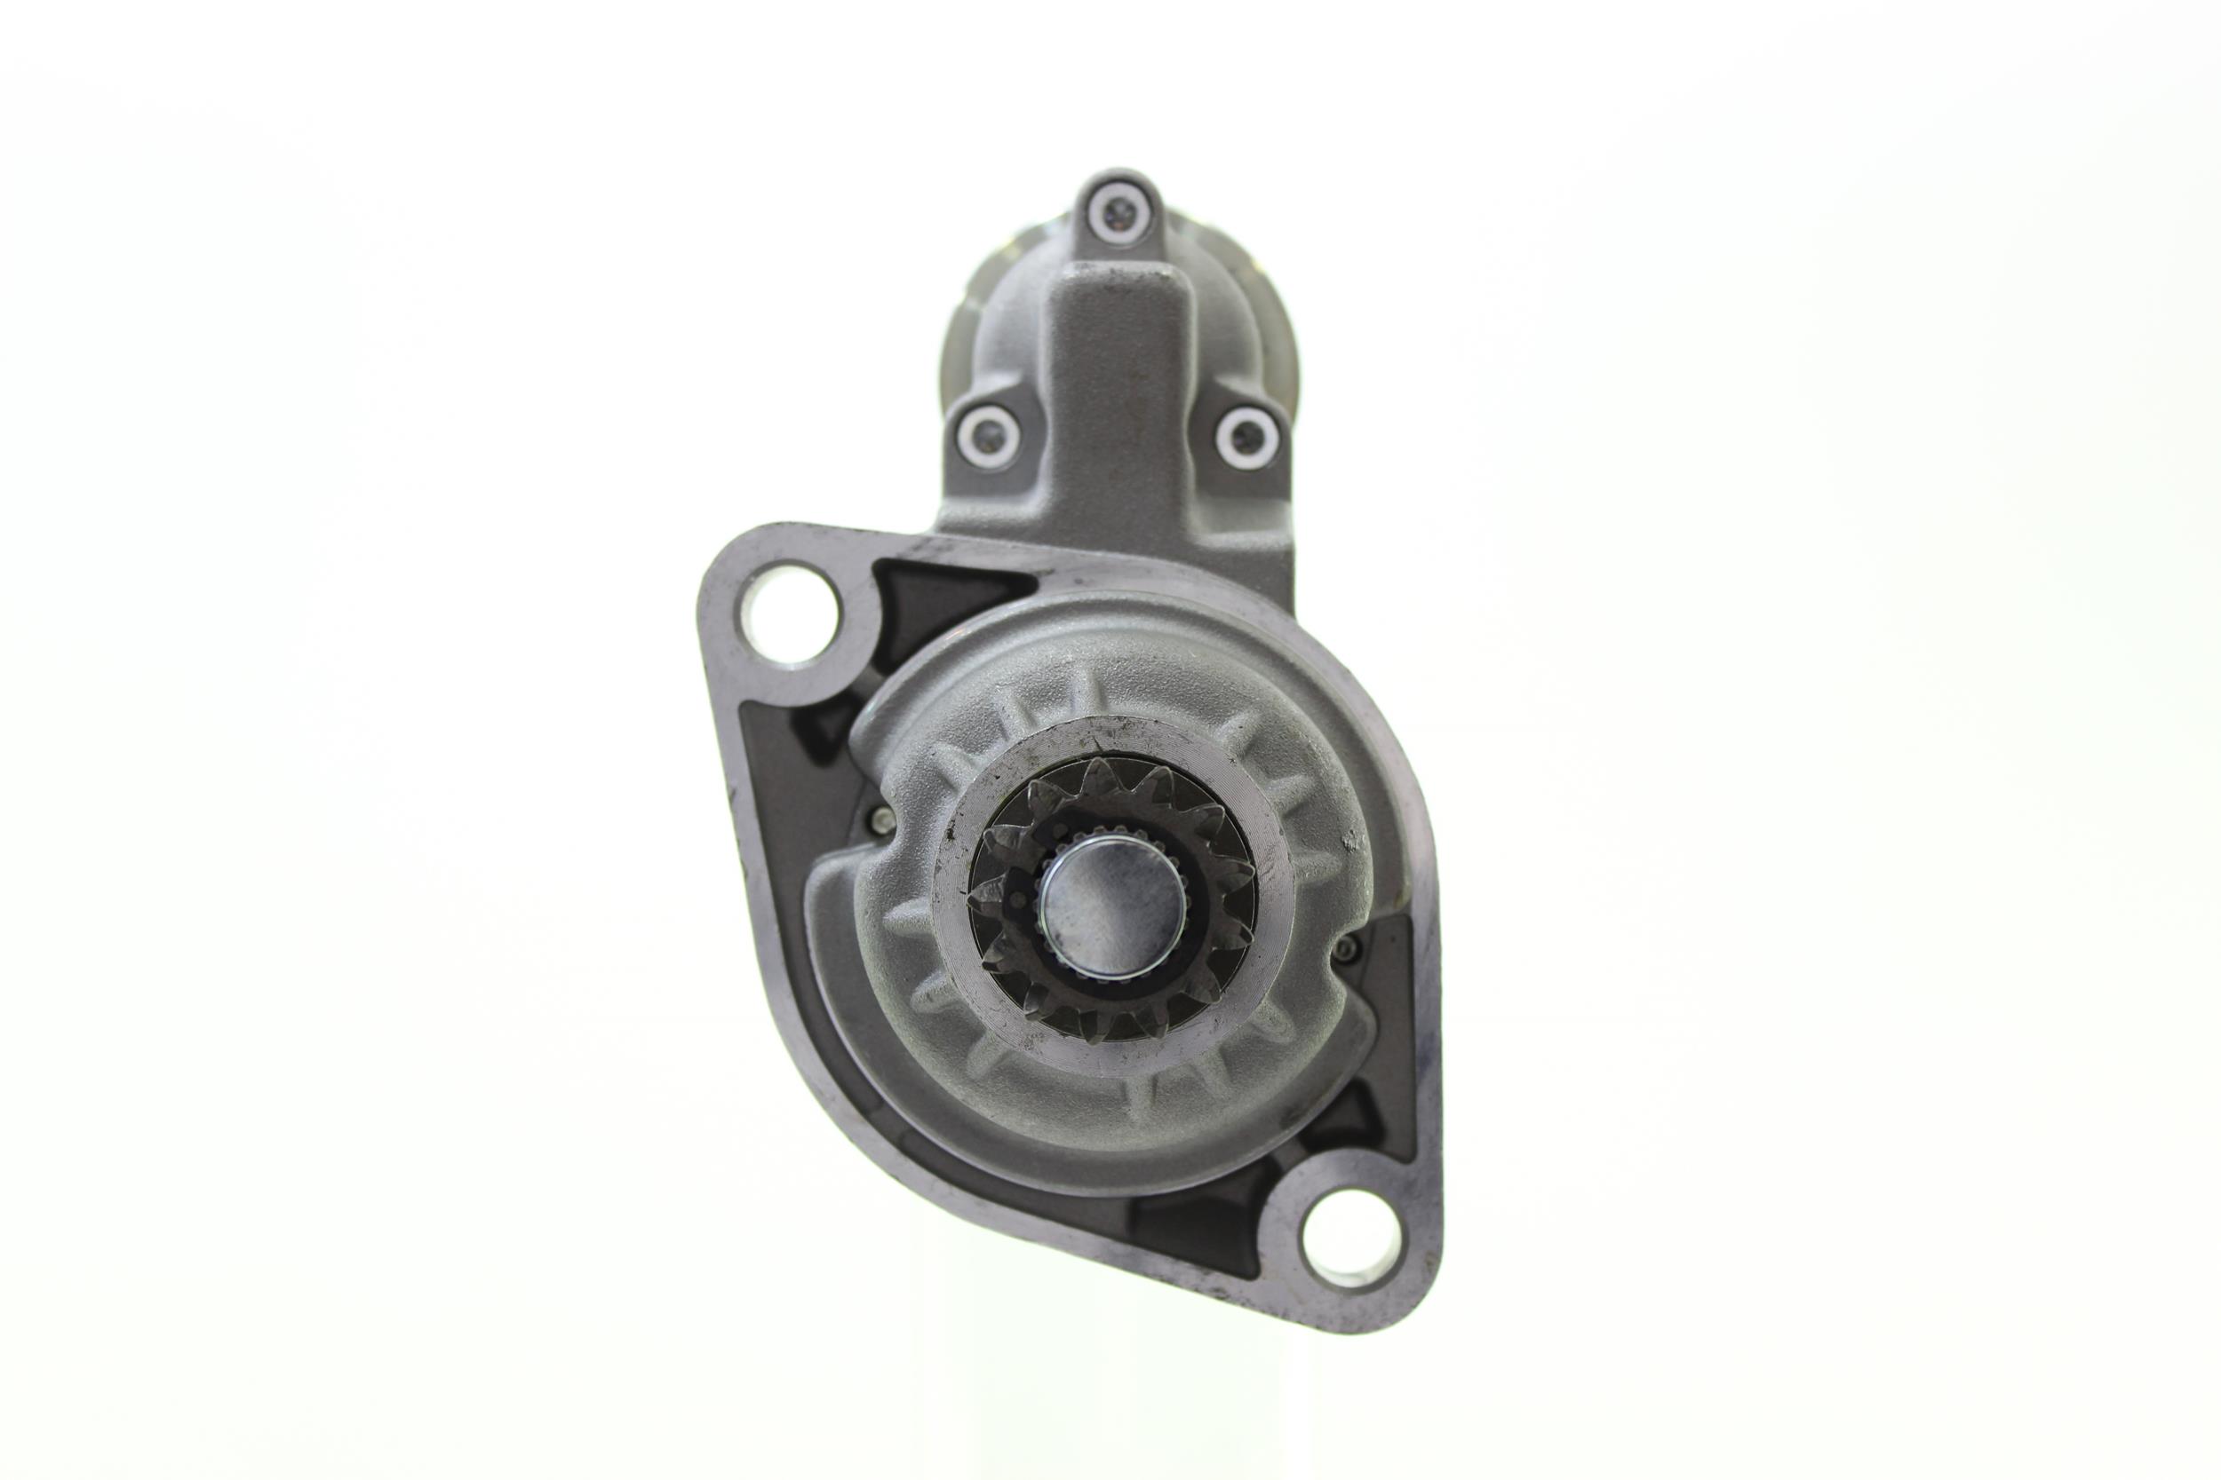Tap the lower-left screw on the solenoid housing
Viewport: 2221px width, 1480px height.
[x=987, y=435]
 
